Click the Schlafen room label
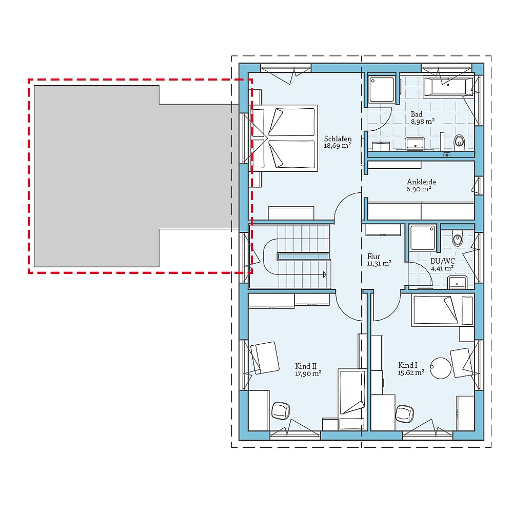tap(338, 139)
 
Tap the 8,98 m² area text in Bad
tap(422, 122)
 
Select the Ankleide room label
tap(421, 182)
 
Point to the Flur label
tap(373, 256)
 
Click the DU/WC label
tap(442, 261)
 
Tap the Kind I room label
tap(408, 365)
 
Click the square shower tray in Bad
tap(382, 89)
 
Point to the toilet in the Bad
tap(460, 140)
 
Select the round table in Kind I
tap(440, 368)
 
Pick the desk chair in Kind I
tap(405, 413)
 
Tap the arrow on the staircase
tap(324, 275)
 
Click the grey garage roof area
tap(128, 174)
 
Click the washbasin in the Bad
tap(414, 143)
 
